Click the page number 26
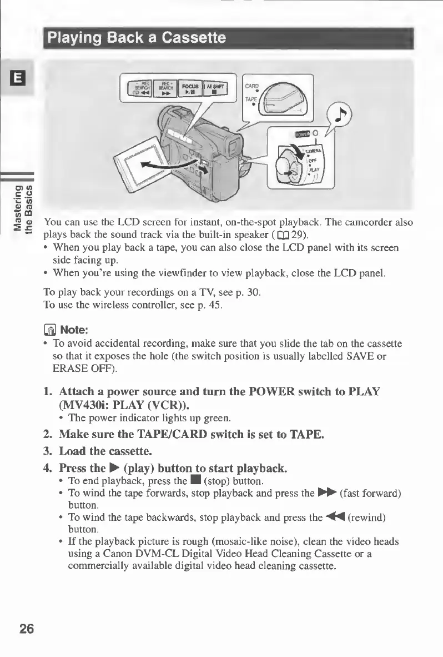click(26, 629)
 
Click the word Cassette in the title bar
click(192, 38)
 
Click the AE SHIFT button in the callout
click(220, 89)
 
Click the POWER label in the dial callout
click(286, 134)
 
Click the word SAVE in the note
click(350, 355)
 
